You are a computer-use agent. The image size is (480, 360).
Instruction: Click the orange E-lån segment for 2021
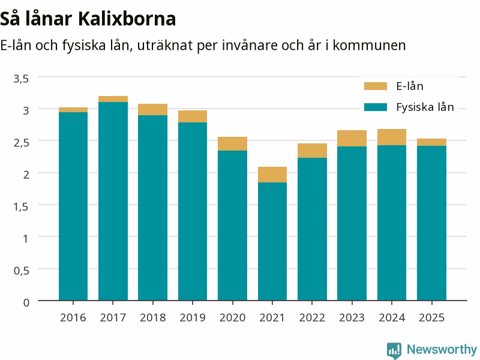[272, 175]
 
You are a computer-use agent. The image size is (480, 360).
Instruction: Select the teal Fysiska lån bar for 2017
[113, 201]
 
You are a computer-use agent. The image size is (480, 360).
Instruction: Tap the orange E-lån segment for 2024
[392, 137]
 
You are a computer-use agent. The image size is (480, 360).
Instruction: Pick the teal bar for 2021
[272, 241]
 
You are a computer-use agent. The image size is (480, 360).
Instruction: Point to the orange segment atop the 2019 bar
[193, 116]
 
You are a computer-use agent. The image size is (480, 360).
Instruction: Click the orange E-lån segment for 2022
[312, 151]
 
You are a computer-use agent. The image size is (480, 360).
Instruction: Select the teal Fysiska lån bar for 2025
[431, 223]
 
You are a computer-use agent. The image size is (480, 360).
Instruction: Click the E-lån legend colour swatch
[376, 86]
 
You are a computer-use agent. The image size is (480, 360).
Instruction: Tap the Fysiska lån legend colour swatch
[376, 107]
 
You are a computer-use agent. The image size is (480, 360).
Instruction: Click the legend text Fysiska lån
[425, 107]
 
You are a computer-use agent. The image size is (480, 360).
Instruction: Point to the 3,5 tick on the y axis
[21, 79]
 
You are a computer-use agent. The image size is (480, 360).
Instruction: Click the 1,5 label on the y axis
[21, 206]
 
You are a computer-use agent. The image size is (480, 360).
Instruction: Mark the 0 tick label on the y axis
[26, 302]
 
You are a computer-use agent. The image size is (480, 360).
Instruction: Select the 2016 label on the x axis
[73, 317]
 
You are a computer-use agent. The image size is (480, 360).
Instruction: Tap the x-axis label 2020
[232, 317]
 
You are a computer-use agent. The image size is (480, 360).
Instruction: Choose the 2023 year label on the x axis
[352, 317]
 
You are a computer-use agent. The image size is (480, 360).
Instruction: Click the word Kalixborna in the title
[127, 19]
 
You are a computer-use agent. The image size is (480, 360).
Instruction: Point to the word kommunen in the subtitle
[369, 46]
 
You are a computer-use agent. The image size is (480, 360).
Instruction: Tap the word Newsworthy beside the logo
[442, 349]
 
